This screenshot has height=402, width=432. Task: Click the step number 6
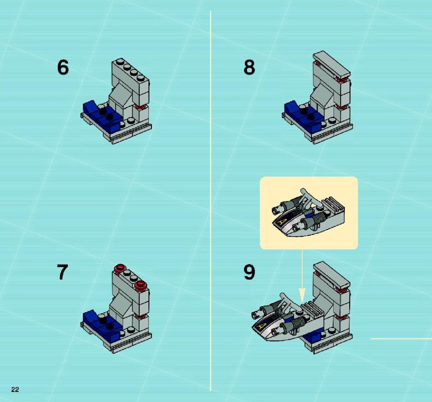point(63,67)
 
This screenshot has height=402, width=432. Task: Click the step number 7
point(62,272)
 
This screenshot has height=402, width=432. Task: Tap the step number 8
point(249,67)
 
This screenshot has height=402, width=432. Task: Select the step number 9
point(249,272)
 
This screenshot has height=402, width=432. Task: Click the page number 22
point(15,389)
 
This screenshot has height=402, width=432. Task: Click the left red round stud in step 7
point(120,268)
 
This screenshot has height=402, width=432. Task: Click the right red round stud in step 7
point(141,285)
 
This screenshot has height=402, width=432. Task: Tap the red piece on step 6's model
point(141,107)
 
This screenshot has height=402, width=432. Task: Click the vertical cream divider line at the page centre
point(210,201)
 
